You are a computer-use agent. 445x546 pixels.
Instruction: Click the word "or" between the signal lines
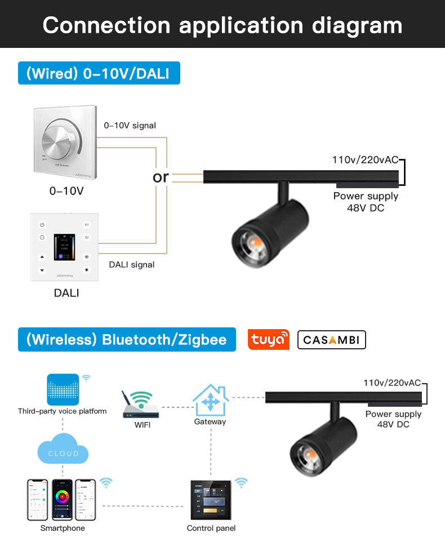(161, 177)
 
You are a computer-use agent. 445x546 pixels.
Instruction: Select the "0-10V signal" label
(130, 126)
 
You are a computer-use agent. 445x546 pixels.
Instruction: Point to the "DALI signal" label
(131, 264)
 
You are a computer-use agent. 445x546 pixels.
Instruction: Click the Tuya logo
(269, 340)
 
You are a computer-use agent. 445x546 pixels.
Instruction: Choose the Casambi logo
(332, 340)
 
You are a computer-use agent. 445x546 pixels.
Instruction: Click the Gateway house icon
(210, 400)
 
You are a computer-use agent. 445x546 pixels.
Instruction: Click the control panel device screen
(211, 499)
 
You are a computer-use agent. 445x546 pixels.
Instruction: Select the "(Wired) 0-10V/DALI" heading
(99, 73)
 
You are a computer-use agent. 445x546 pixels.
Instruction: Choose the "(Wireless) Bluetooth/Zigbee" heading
(127, 340)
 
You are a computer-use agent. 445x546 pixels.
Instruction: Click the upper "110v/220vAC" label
(366, 160)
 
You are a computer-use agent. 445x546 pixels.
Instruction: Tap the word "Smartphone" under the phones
(63, 528)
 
